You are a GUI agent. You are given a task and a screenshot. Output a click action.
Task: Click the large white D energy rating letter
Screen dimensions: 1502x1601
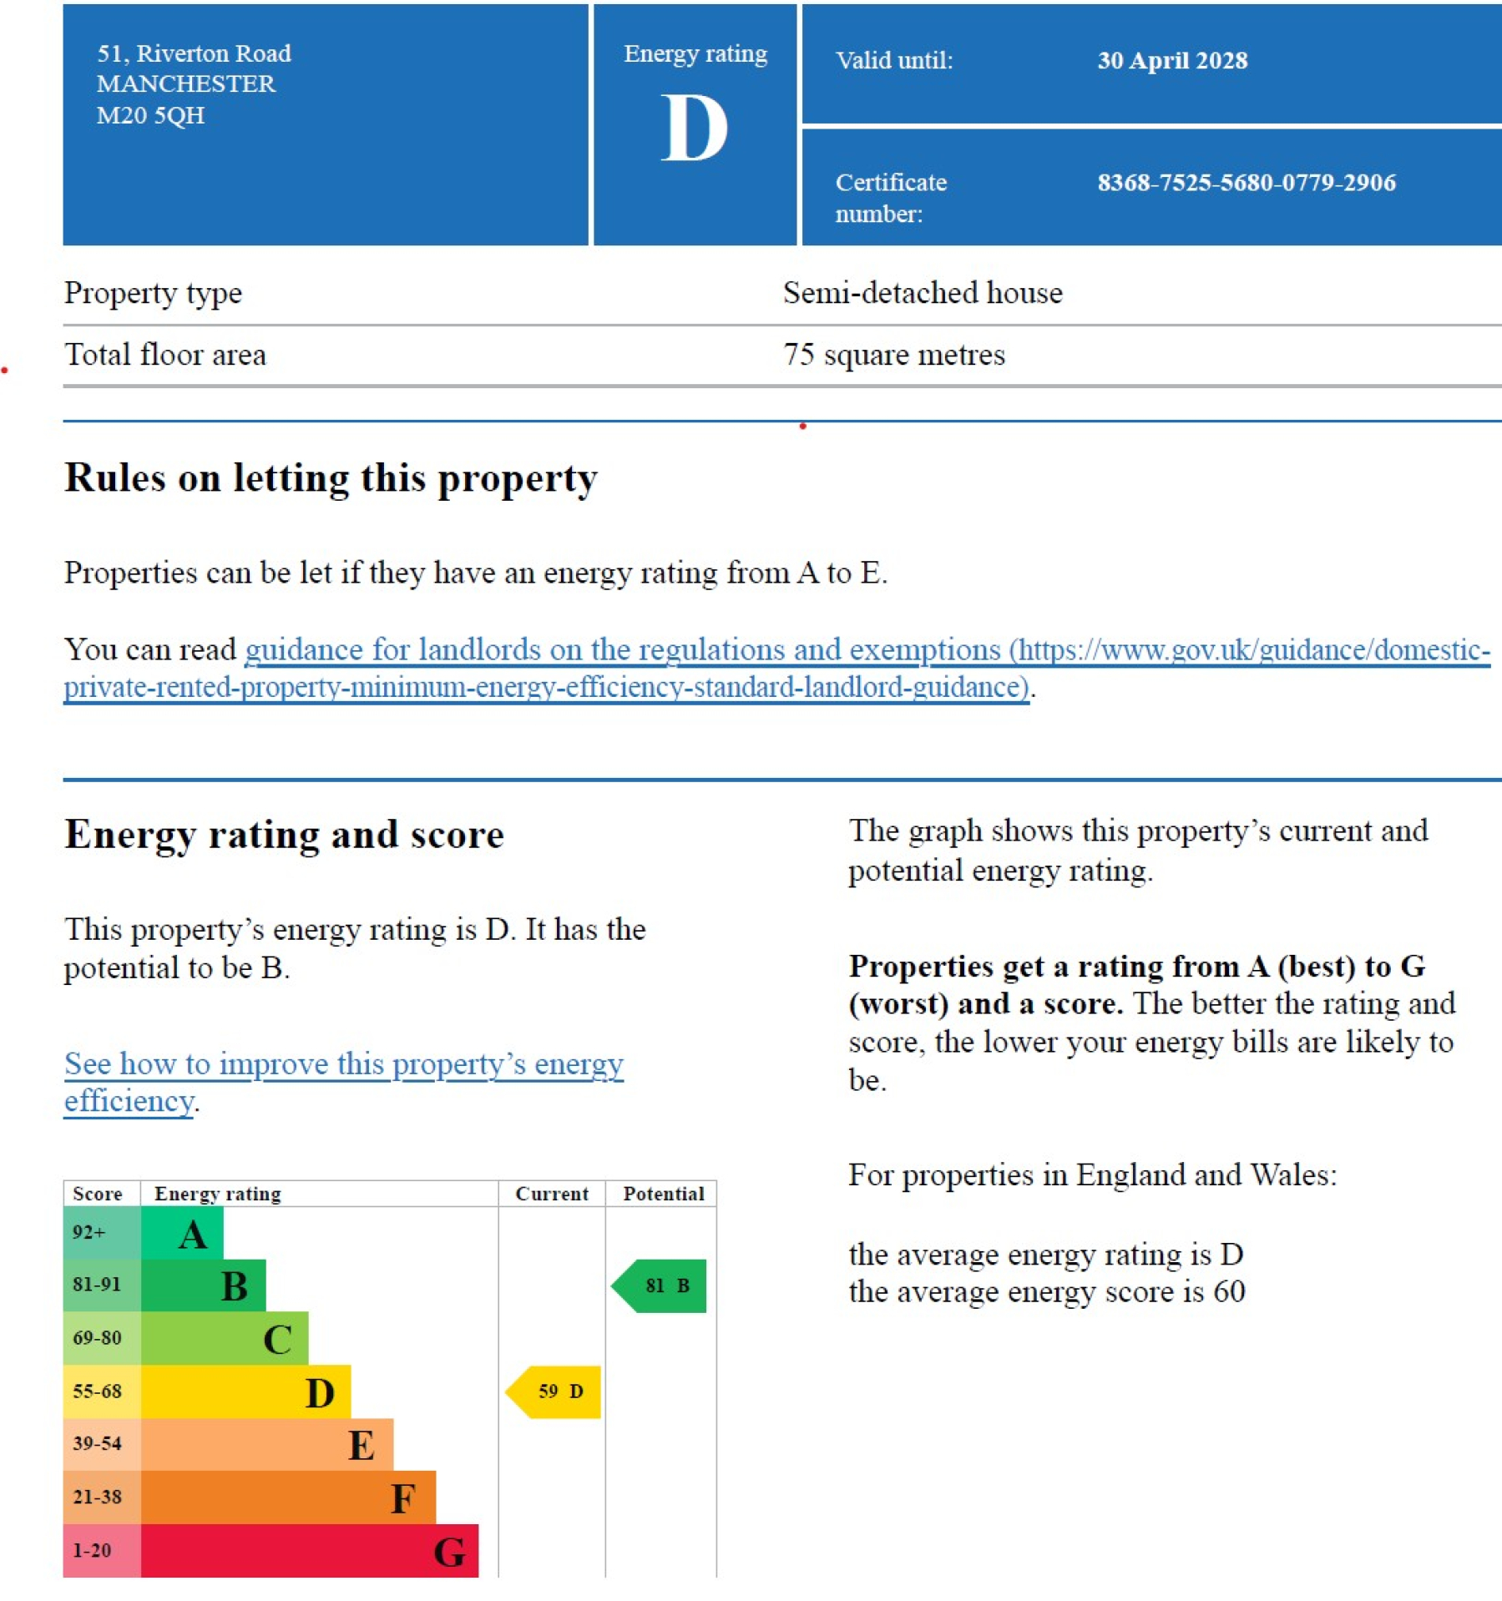(x=694, y=128)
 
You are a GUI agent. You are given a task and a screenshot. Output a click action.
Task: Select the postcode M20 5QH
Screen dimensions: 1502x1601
(x=150, y=115)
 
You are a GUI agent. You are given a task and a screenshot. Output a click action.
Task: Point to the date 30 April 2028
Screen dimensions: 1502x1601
(x=1172, y=60)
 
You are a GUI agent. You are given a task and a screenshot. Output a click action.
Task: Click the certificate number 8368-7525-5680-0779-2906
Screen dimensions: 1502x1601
(x=1247, y=182)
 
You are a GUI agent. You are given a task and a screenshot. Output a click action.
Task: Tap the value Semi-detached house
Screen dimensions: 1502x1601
(x=923, y=293)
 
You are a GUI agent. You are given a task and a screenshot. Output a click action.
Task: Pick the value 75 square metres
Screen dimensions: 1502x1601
(x=894, y=355)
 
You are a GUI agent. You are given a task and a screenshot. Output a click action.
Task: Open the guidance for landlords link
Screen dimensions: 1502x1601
(x=776, y=668)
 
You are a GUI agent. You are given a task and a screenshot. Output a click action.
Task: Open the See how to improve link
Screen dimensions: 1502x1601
(x=344, y=1082)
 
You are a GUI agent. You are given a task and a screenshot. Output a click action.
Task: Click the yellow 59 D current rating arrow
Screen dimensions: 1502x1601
(x=553, y=1391)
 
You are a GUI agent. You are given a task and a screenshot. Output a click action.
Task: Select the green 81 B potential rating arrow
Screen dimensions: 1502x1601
(x=659, y=1285)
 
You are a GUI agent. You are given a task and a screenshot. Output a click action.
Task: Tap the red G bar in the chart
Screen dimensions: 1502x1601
(x=310, y=1550)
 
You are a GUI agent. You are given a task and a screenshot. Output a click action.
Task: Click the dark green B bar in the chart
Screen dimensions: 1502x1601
(x=204, y=1285)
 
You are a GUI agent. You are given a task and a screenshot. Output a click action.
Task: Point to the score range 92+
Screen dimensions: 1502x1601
(x=89, y=1232)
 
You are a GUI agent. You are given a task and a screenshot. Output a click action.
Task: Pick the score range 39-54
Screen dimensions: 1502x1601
(x=97, y=1443)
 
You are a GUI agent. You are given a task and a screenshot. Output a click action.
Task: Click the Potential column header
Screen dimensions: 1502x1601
(x=664, y=1194)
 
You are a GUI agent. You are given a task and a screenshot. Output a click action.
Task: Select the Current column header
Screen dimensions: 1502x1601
(x=552, y=1194)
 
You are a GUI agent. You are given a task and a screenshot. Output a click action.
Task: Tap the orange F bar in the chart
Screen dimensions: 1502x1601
(x=288, y=1497)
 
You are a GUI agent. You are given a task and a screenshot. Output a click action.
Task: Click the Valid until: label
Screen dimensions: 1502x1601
(x=894, y=60)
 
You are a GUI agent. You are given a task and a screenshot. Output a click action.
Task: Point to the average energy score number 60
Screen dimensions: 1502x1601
(x=1229, y=1292)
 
